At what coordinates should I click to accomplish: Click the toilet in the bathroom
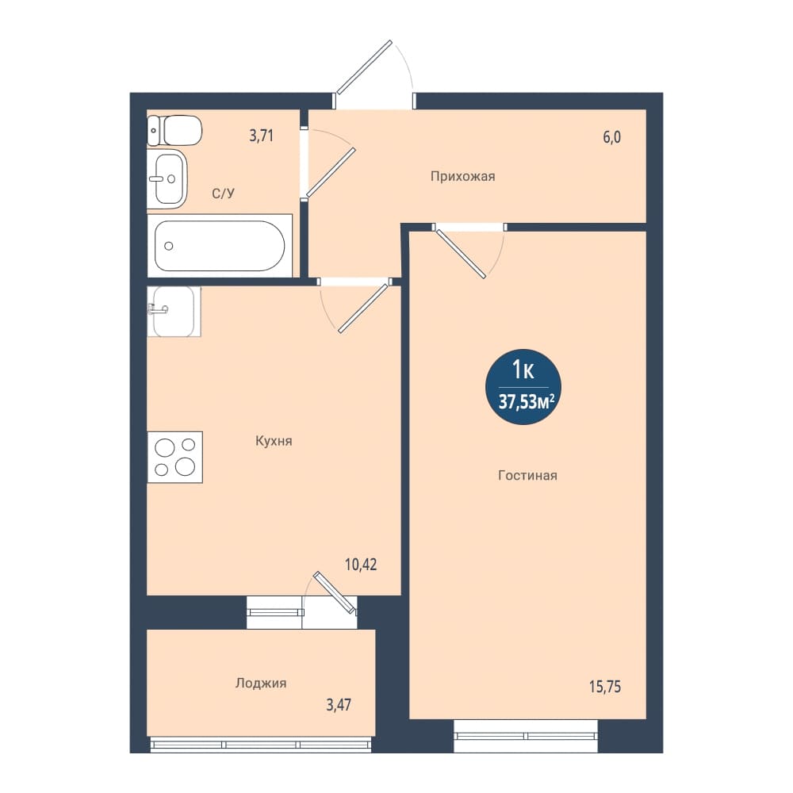174,131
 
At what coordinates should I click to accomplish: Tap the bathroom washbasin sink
167,178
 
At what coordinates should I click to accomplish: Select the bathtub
220,246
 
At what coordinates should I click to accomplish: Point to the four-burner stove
175,458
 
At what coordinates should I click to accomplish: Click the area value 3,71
261,136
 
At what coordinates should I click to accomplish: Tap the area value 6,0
612,137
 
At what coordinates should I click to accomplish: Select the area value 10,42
361,565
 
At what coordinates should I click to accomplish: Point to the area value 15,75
605,687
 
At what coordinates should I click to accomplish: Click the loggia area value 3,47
339,704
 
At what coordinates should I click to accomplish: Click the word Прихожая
463,177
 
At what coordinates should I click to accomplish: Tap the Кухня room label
274,441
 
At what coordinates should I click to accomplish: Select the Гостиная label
527,475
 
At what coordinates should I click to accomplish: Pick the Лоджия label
261,684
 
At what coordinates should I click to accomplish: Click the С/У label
223,193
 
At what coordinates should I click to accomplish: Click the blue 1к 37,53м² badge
523,386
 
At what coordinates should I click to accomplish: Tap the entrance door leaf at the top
364,67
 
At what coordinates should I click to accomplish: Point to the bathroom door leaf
331,172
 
